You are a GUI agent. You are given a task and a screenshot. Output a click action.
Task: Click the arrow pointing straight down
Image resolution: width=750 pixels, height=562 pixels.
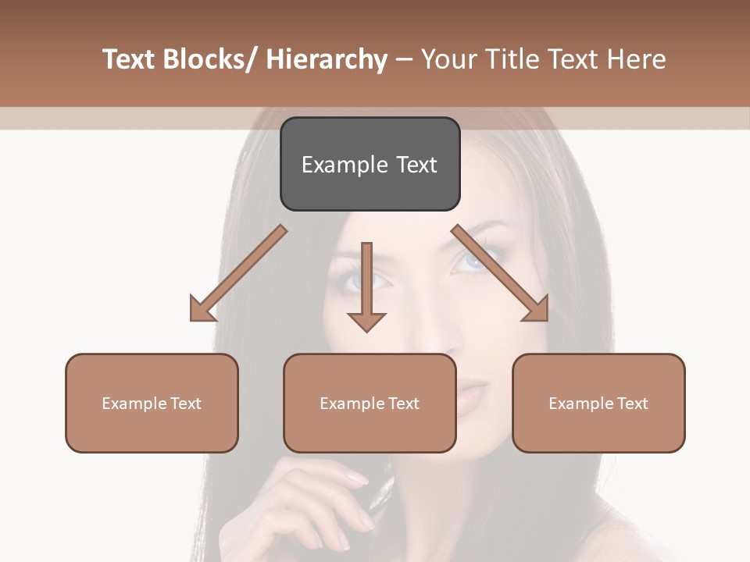pos(366,289)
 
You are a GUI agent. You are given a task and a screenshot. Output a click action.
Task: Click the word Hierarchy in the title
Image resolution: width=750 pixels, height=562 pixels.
pos(327,60)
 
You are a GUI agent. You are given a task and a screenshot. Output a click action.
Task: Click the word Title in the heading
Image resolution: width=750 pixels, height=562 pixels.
pos(509,60)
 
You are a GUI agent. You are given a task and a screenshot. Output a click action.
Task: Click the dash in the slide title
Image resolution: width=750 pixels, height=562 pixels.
pos(404,60)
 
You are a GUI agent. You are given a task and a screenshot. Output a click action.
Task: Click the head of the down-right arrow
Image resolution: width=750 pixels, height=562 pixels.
pos(537,310)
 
